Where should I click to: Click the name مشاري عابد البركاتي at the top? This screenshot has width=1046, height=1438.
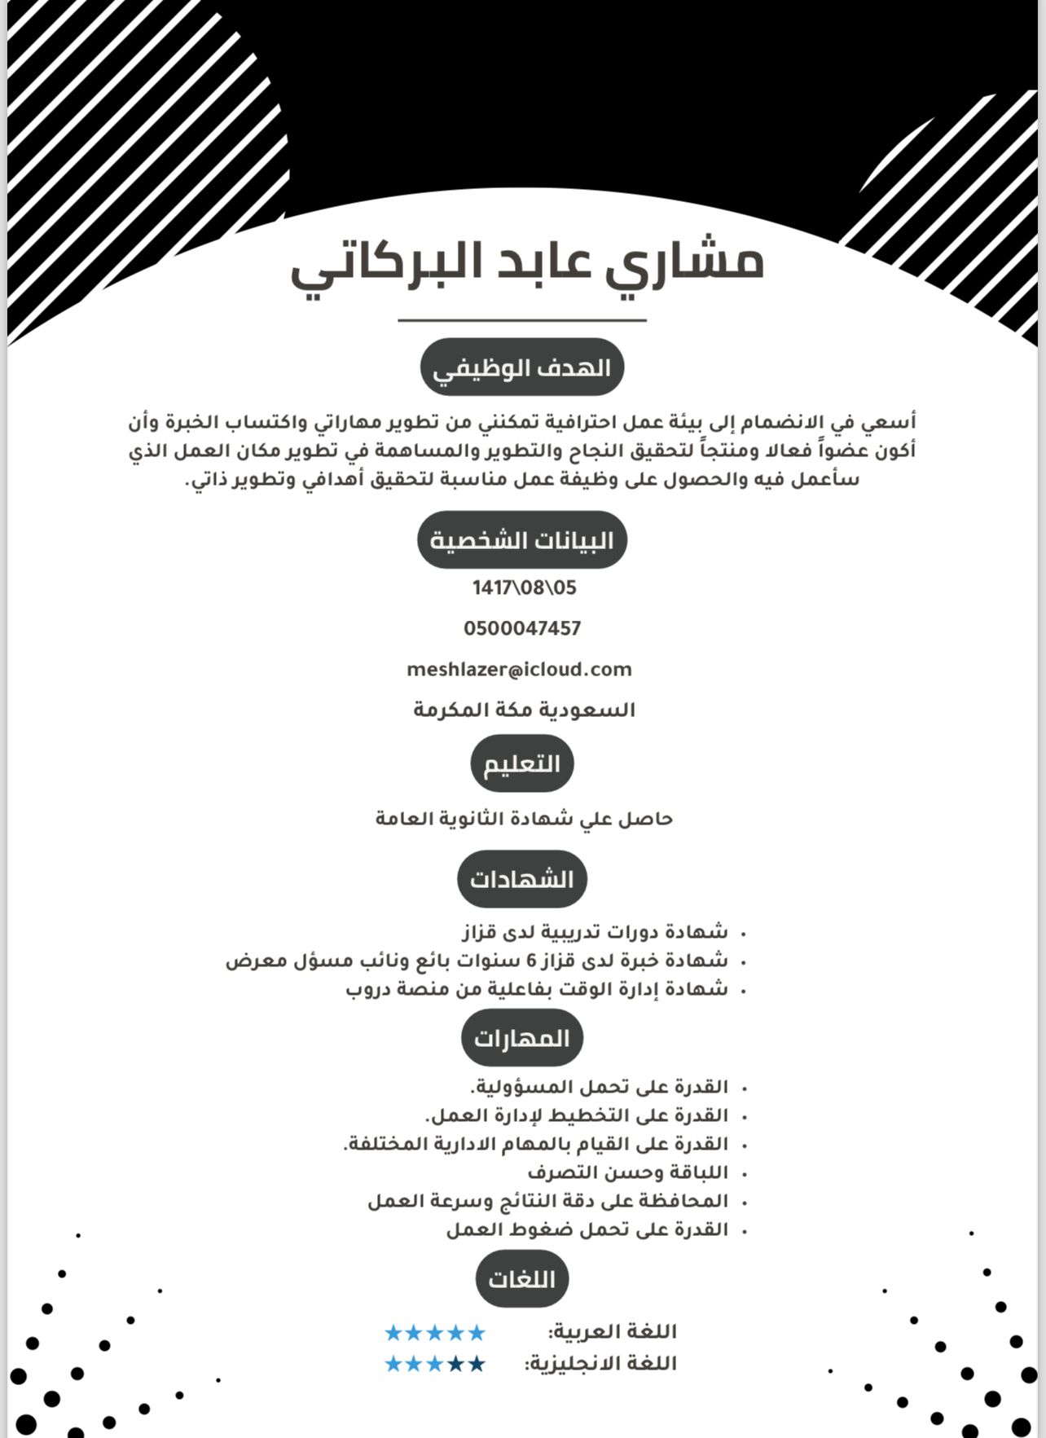(x=526, y=265)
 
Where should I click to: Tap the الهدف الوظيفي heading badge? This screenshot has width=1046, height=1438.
(x=521, y=368)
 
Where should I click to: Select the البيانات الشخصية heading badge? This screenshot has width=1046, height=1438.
(x=521, y=540)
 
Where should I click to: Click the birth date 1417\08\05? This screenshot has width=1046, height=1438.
(x=524, y=587)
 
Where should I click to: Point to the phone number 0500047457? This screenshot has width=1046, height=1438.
(x=522, y=628)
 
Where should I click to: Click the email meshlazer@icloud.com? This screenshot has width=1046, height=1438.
(x=520, y=670)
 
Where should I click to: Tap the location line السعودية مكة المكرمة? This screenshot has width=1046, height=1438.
(x=524, y=710)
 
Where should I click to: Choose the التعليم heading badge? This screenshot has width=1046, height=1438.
(x=522, y=764)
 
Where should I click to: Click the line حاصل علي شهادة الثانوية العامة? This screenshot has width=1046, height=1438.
(x=524, y=818)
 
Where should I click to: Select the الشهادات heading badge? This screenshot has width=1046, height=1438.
(x=521, y=879)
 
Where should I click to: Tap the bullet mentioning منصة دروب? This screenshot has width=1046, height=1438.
(x=537, y=989)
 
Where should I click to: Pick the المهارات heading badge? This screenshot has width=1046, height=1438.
(x=522, y=1038)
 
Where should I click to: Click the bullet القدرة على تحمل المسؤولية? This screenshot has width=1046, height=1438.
(x=599, y=1087)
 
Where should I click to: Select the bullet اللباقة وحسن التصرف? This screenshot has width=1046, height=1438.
(x=627, y=1172)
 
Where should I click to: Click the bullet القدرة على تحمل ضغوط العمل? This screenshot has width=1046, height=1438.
(x=587, y=1229)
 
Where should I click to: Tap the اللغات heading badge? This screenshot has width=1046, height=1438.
(x=521, y=1279)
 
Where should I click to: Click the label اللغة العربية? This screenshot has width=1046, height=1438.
(x=613, y=1332)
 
